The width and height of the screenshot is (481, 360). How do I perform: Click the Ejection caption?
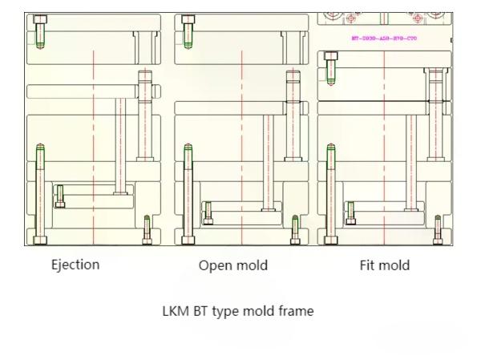(76, 264)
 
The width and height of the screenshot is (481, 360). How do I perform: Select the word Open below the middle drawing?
(214, 265)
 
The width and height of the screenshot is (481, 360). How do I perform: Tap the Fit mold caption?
(384, 265)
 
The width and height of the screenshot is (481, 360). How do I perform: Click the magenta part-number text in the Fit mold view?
(384, 38)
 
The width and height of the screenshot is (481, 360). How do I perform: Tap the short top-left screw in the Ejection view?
(41, 32)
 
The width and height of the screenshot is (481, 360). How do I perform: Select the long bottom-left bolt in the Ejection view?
(40, 192)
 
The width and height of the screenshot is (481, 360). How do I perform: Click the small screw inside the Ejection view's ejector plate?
(60, 195)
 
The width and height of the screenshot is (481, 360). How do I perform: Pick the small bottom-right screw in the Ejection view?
(147, 229)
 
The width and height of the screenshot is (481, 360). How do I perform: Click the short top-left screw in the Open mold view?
(188, 32)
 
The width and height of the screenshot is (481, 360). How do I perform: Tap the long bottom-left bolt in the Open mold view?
(188, 192)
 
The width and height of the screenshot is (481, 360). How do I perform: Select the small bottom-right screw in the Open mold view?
(295, 229)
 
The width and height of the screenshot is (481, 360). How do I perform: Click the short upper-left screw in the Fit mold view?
(329, 69)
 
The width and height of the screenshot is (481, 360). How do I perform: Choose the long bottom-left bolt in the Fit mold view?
(330, 192)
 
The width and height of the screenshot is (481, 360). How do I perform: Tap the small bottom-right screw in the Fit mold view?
(437, 229)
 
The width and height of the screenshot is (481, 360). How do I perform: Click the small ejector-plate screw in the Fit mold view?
(351, 212)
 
